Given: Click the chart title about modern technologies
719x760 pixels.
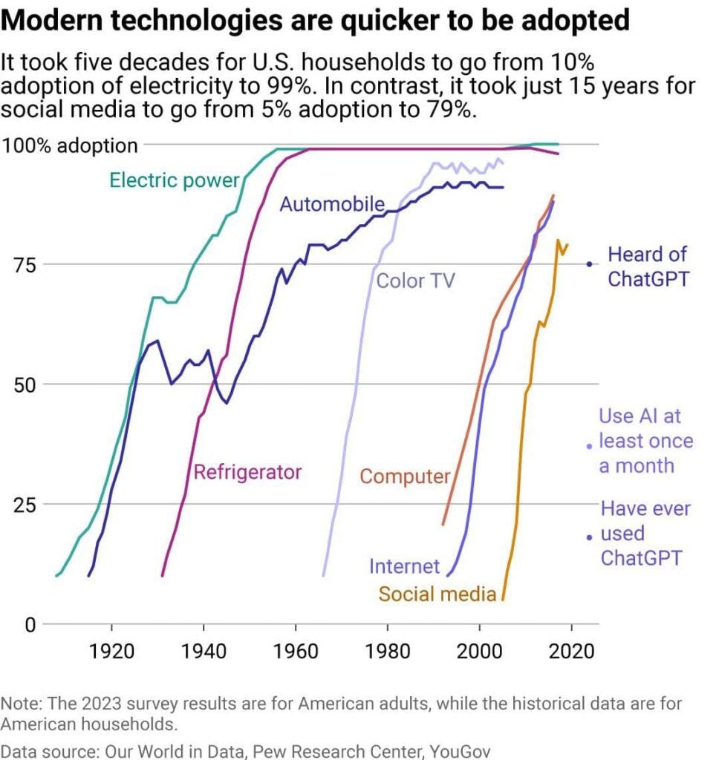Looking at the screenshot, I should (316, 20).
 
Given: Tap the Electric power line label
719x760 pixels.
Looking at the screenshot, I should (175, 180).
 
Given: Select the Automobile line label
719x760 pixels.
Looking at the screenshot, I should (332, 204).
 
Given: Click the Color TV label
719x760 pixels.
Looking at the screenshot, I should (415, 281).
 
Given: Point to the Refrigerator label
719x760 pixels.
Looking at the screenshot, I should (247, 471).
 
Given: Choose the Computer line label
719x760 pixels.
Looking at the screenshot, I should (406, 476).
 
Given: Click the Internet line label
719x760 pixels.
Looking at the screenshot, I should (405, 566).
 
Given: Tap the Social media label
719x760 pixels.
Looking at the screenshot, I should (437, 594).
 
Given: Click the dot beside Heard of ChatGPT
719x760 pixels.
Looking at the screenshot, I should (590, 264).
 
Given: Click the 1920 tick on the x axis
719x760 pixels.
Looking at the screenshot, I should (111, 652).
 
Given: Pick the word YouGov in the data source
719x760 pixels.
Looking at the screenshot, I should (462, 750).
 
